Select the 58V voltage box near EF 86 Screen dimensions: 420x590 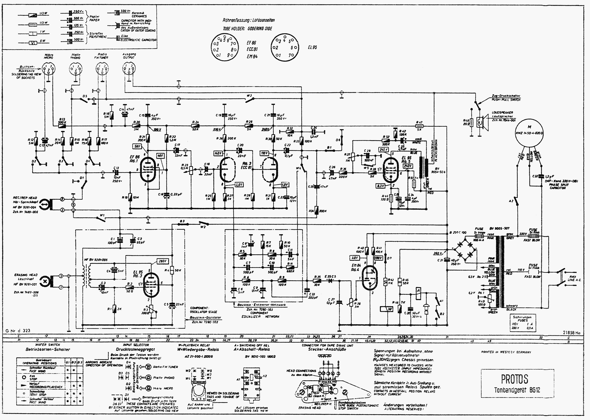137,146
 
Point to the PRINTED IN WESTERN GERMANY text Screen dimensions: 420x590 506,352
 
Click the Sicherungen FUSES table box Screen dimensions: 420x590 523,323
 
